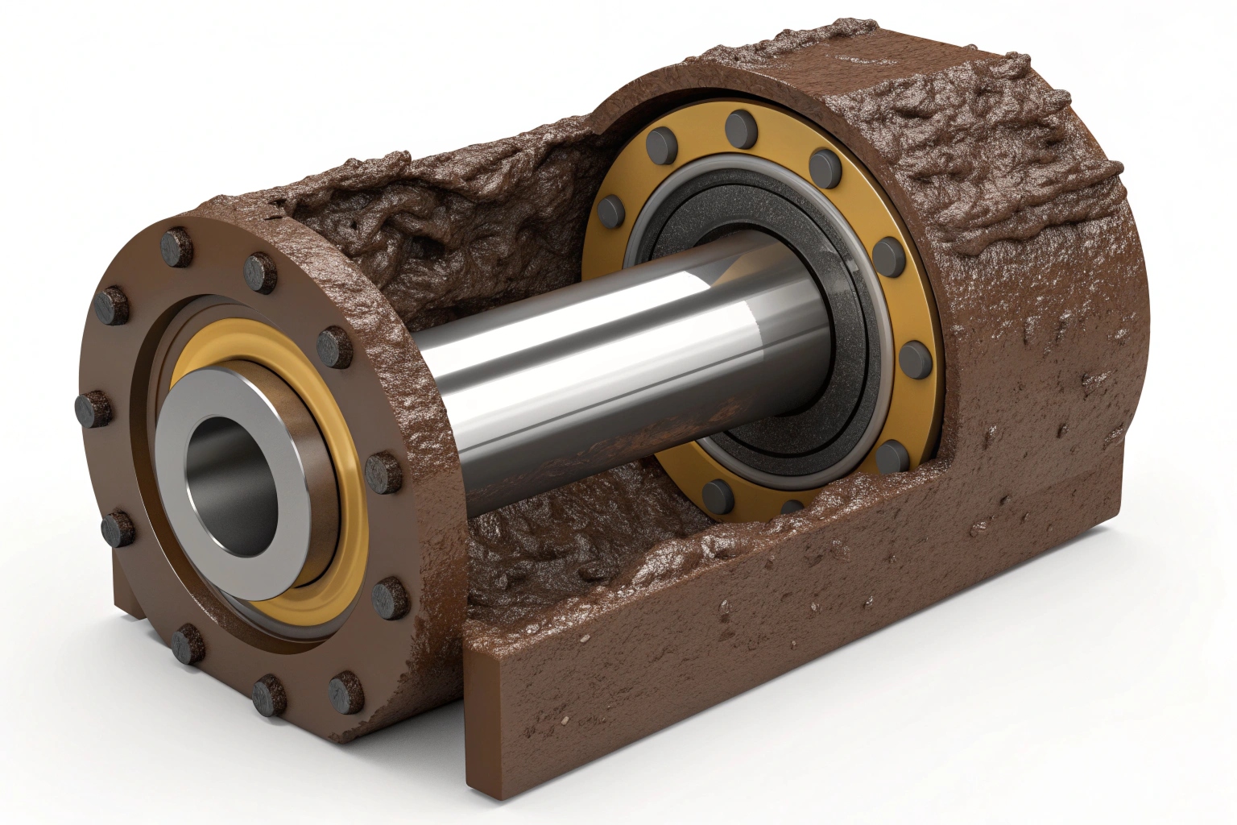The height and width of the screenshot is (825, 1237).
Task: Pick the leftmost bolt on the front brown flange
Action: point(91,407)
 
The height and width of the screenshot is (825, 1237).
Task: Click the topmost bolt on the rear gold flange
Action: point(738,126)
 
